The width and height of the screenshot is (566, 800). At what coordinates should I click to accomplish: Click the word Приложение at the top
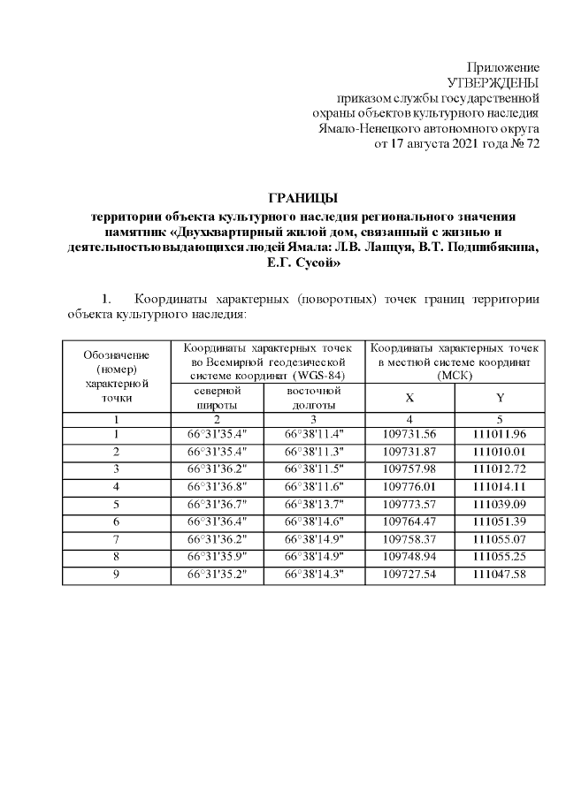[x=502, y=68]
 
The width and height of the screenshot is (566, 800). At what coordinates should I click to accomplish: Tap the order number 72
[x=532, y=142]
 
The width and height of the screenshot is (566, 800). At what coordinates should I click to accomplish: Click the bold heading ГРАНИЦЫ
[x=303, y=197]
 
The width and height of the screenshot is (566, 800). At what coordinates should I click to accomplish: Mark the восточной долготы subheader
[x=314, y=397]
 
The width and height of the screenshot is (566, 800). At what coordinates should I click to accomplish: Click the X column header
[x=409, y=398]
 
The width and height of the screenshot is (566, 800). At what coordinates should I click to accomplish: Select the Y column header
[x=500, y=398]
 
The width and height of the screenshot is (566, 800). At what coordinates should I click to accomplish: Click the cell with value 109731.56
[x=409, y=434]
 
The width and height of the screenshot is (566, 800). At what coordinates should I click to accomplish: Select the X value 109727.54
[x=409, y=574]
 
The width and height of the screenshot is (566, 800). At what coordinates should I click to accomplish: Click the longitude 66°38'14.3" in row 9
[x=314, y=574]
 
